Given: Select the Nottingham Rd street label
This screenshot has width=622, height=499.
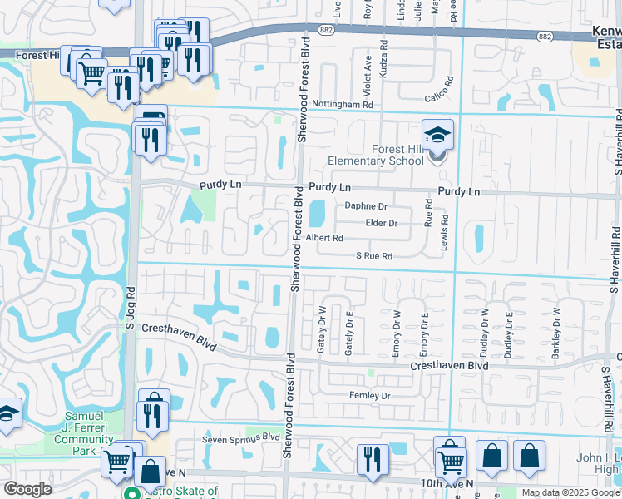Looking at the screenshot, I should pos(343,105).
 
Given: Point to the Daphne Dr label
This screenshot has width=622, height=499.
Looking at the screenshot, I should pos(367,206).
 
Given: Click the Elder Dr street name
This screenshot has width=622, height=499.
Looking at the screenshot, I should pos(382,223).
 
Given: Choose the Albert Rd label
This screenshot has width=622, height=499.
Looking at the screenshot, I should pos(324,238).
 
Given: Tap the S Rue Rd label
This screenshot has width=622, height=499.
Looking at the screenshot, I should pos(373,257).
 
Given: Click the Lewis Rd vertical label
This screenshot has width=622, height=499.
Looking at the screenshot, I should pos(445,229).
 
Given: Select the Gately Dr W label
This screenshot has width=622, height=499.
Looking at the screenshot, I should pos(321,329).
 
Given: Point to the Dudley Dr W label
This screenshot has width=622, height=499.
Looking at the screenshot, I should pos(486,333).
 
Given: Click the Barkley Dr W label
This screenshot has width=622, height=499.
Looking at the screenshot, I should pos(556,333).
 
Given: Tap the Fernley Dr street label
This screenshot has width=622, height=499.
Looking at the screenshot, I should pos(369,396).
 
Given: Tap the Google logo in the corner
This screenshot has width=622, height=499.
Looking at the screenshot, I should pos(27,489).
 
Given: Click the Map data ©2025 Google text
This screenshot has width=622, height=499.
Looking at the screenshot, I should pos(570,492).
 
